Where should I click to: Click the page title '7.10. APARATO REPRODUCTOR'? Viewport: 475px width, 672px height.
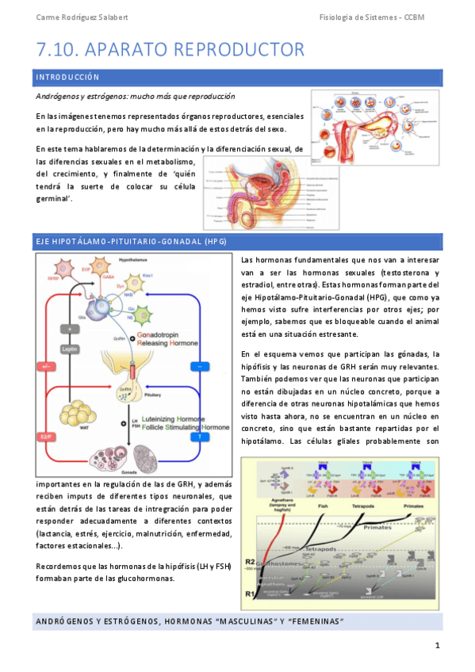pyautogui.click(x=170, y=50)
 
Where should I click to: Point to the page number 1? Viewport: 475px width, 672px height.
pyautogui.click(x=436, y=646)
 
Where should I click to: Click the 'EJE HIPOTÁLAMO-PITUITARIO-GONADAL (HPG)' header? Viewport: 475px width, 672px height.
pyautogui.click(x=119, y=240)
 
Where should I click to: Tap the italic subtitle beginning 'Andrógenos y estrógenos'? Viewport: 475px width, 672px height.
pyautogui.click(x=135, y=96)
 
